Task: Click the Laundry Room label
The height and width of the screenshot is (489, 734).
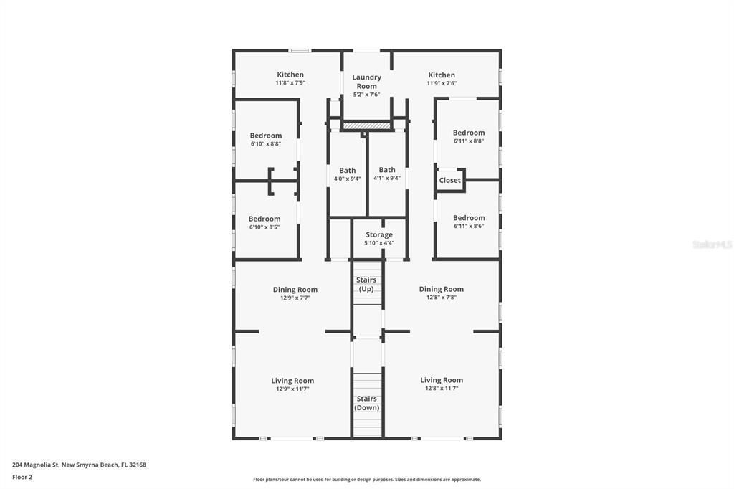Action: click(x=366, y=82)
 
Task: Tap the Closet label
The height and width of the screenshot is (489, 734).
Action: click(x=450, y=180)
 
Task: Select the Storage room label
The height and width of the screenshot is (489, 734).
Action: click(x=379, y=234)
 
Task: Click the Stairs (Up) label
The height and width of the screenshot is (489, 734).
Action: click(x=366, y=284)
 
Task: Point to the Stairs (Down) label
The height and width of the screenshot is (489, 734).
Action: click(x=366, y=403)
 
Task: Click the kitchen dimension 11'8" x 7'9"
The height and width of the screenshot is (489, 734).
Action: click(x=290, y=83)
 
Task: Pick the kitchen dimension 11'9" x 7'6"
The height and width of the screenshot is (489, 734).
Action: click(x=442, y=83)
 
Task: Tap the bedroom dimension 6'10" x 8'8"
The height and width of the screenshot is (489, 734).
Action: click(x=265, y=143)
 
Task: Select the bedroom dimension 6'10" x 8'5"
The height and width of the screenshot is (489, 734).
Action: click(x=264, y=227)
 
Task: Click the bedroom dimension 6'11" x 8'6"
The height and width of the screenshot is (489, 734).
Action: click(x=469, y=226)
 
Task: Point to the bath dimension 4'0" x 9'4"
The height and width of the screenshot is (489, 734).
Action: click(x=347, y=179)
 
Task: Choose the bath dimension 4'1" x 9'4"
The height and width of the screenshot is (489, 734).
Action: click(x=387, y=179)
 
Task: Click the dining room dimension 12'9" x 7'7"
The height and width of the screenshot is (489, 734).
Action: click(x=295, y=298)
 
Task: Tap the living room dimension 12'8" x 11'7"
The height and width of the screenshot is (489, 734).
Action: click(x=442, y=388)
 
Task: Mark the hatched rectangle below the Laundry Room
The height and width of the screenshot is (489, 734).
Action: click(x=366, y=125)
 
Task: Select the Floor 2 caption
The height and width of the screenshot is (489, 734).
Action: click(x=22, y=476)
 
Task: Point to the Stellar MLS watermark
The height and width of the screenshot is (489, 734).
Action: click(x=712, y=244)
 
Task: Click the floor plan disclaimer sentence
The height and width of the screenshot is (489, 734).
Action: click(x=366, y=480)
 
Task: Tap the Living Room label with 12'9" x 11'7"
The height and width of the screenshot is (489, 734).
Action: click(x=292, y=381)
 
